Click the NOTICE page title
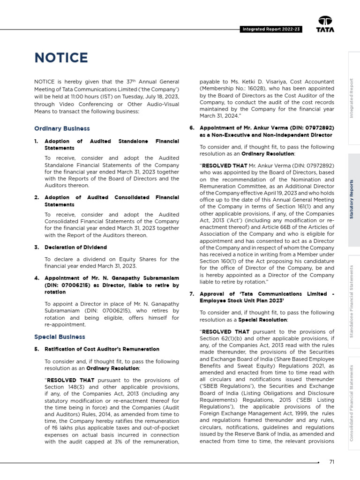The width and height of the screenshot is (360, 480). (61, 58)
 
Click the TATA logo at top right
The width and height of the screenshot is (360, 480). (325, 23)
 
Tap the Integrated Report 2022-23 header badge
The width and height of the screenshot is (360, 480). (271, 29)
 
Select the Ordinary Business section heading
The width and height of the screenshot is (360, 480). (62, 128)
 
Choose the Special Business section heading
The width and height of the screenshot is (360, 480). (60, 337)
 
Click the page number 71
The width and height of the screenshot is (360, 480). (332, 462)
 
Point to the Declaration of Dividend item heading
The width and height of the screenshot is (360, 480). (75, 247)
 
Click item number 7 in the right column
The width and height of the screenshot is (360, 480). (192, 294)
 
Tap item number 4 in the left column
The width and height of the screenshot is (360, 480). (37, 278)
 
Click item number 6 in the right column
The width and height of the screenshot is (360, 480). (192, 127)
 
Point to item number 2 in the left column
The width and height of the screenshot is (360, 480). (37, 197)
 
